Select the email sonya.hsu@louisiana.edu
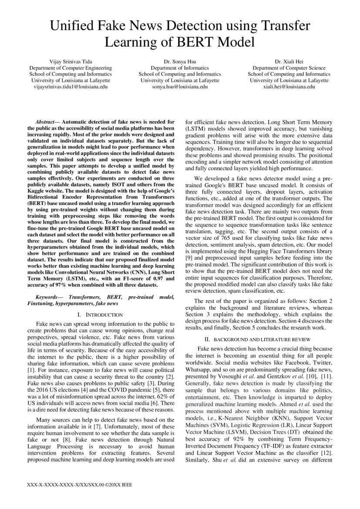click(180, 87)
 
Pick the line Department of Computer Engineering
click(70, 68)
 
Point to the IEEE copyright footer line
click(79, 485)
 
